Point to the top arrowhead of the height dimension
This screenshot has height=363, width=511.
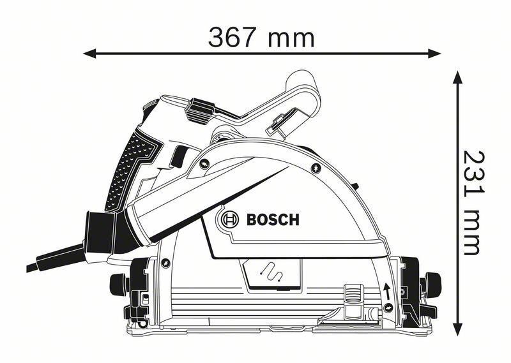pyautogui.click(x=457, y=78)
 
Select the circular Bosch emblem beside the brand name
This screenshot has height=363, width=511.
pyautogui.click(x=228, y=220)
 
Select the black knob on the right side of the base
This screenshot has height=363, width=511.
pyautogui.click(x=433, y=281)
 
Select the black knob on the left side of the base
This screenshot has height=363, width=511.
pyautogui.click(x=119, y=281)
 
